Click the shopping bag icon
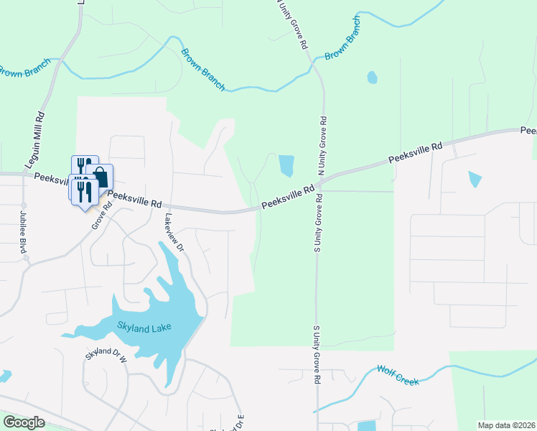101,177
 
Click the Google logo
24,422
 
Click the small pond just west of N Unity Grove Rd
286,166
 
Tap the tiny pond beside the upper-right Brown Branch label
372,77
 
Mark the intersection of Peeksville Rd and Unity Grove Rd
318,184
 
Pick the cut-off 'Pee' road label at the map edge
528,131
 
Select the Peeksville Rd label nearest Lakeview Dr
136,198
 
